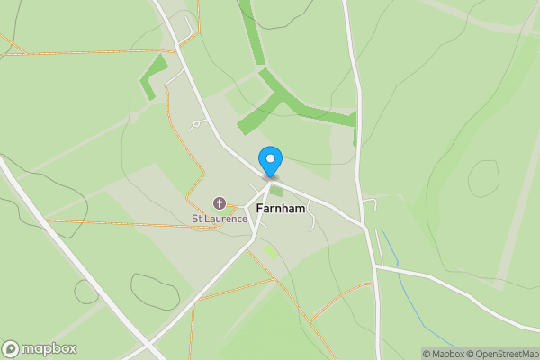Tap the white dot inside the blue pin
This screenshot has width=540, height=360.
(270, 158)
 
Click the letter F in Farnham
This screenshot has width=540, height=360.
(258, 208)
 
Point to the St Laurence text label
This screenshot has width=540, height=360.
(218, 219)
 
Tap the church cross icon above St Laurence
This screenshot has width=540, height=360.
(218, 203)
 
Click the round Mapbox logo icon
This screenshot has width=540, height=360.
(12, 348)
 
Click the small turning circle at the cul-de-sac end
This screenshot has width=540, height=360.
(195, 124)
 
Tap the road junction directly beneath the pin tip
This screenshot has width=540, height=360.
(268, 176)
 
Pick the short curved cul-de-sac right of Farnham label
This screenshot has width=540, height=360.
(311, 217)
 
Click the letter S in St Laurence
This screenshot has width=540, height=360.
(193, 219)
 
